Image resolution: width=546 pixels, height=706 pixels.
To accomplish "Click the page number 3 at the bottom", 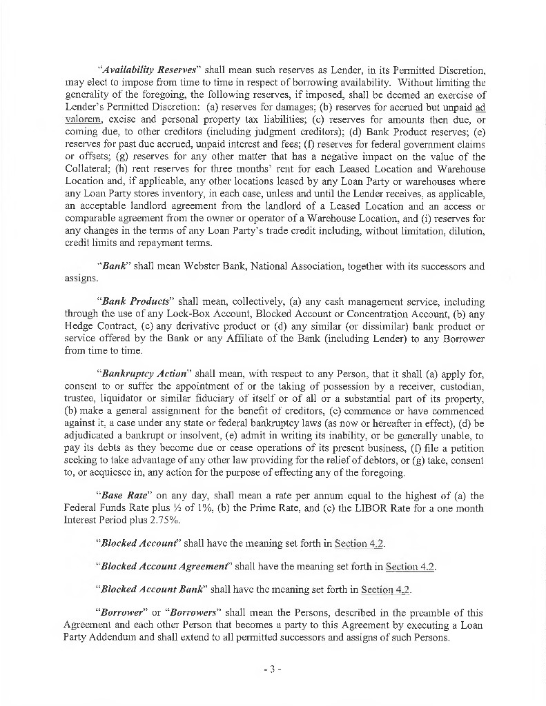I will [273, 669].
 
